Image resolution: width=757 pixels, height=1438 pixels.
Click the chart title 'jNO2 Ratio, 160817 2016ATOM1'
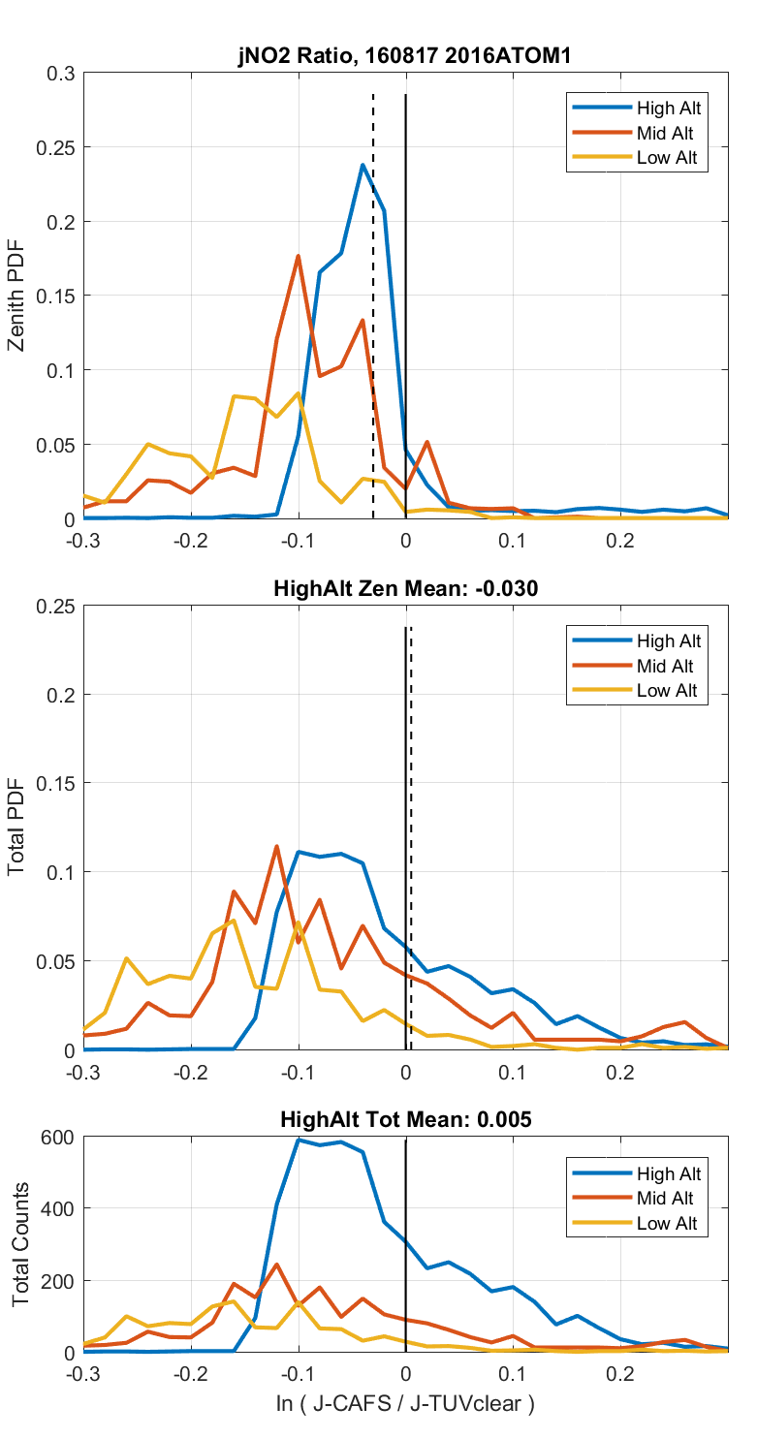pos(404,56)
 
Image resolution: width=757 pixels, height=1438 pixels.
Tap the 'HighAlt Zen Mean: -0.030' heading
pos(404,587)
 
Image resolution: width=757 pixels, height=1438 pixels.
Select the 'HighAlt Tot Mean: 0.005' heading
pos(404,1119)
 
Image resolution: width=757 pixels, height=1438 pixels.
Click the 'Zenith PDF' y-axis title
pos(16,297)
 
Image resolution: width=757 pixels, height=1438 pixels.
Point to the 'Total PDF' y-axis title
pos(16,828)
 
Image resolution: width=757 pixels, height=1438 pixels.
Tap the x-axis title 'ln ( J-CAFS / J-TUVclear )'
pos(404,1402)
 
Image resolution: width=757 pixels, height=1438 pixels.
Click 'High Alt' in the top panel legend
pos(668,108)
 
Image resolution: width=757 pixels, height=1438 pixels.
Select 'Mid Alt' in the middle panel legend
pos(665,666)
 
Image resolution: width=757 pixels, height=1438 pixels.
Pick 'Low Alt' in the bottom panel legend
pos(666,1224)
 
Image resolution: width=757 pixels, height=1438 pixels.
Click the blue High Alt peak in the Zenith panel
pos(363,165)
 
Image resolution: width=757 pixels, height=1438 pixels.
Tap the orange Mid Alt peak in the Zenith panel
pos(299,256)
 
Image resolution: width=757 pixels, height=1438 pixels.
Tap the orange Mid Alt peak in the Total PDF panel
pos(277,846)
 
